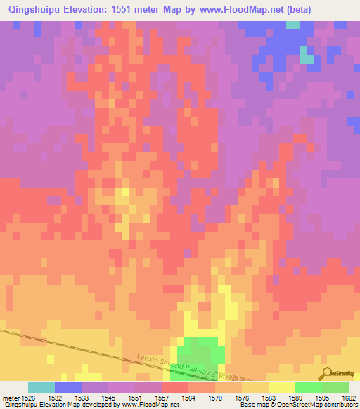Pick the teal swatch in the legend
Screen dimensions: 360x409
tap(41, 387)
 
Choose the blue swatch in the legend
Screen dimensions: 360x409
tap(68, 387)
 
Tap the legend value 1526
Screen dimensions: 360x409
tap(28, 398)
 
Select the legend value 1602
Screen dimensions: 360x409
tap(348, 398)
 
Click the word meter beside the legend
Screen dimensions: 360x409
tap(11, 398)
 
